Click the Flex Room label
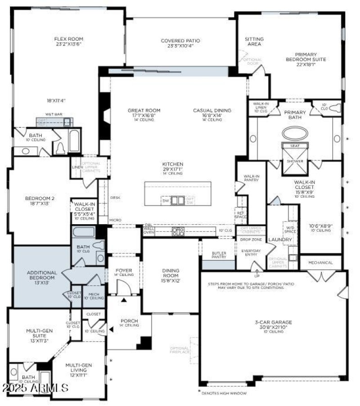[69, 39]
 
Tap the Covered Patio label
[180, 41]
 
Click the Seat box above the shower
[295, 146]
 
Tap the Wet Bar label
[54, 114]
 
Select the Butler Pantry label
[219, 255]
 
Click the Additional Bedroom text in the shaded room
[42, 275]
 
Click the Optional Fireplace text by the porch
[180, 351]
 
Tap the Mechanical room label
[321, 262]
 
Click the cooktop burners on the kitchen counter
[178, 231]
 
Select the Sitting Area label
[254, 41]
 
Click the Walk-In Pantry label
[251, 178]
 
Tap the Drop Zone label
[251, 239]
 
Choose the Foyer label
[123, 271]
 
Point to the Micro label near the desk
[115, 220]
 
